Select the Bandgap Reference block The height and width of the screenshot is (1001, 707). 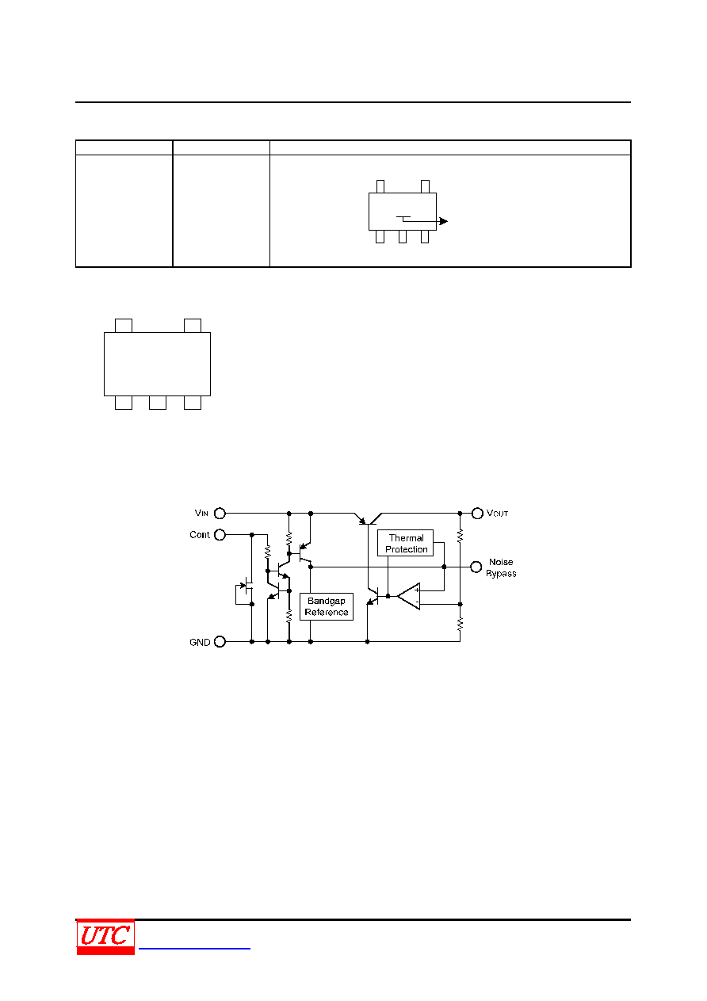(x=327, y=606)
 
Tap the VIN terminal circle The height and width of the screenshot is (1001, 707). (x=220, y=514)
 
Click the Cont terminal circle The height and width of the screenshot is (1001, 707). (x=220, y=534)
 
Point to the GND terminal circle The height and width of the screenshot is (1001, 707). (x=220, y=642)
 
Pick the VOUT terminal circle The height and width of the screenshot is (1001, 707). (x=477, y=514)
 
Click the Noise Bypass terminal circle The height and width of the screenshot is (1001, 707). (x=476, y=567)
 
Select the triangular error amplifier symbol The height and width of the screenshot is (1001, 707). (x=409, y=596)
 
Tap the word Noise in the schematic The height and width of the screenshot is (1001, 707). (x=501, y=562)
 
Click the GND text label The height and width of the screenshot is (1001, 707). (x=199, y=642)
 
